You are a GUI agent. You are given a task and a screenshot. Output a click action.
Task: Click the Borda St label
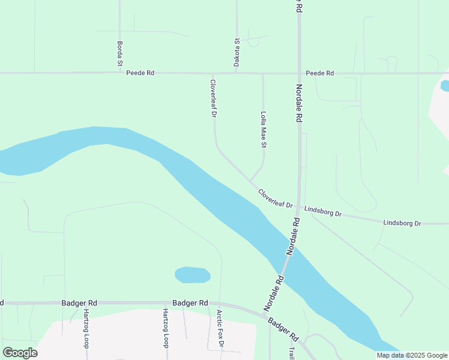pyautogui.click(x=120, y=53)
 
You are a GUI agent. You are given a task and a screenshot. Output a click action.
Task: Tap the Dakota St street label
pyautogui.click(x=237, y=52)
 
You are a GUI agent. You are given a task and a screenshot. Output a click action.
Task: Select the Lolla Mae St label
pyautogui.click(x=263, y=129)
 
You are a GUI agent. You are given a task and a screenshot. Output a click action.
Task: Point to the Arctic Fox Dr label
pyautogui.click(x=220, y=329)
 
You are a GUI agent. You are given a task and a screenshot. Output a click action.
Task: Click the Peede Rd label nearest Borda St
pyautogui.click(x=140, y=73)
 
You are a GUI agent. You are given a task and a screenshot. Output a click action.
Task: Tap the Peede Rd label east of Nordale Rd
pyautogui.click(x=319, y=73)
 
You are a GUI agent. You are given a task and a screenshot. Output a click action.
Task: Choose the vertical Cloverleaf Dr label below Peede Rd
pyautogui.click(x=213, y=98)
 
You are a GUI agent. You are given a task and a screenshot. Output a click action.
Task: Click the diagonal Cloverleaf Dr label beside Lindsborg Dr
pyautogui.click(x=275, y=199)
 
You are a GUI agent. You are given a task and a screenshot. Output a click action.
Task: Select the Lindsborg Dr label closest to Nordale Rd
pyautogui.click(x=323, y=211)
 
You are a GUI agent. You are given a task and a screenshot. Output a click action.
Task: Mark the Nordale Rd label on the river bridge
pyautogui.click(x=292, y=238)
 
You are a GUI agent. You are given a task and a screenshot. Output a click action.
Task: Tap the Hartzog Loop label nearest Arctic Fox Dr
pyautogui.click(x=165, y=328)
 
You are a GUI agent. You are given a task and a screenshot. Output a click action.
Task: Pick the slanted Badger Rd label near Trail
pyautogui.click(x=283, y=330)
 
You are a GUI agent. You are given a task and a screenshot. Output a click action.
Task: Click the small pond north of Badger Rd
pyautogui.click(x=192, y=275)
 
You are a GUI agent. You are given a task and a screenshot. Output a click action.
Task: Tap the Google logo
pyautogui.click(x=20, y=353)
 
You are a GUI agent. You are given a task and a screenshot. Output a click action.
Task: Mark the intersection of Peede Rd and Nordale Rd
pyautogui.click(x=300, y=73)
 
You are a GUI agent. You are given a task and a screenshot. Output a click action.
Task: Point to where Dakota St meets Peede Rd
pyautogui.click(x=237, y=73)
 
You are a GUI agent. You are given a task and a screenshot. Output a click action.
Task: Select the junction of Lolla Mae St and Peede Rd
pyautogui.click(x=263, y=73)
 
